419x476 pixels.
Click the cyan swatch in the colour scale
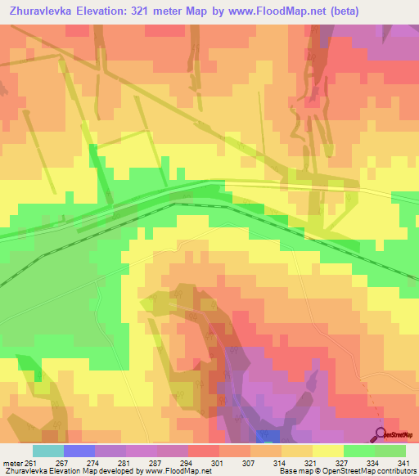pyautogui.click(x=47, y=451)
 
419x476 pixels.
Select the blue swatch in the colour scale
pyautogui.click(x=79, y=451)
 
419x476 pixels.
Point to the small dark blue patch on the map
pyautogui.click(x=267, y=437)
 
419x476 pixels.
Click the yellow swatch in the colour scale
pyautogui.click(x=327, y=451)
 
